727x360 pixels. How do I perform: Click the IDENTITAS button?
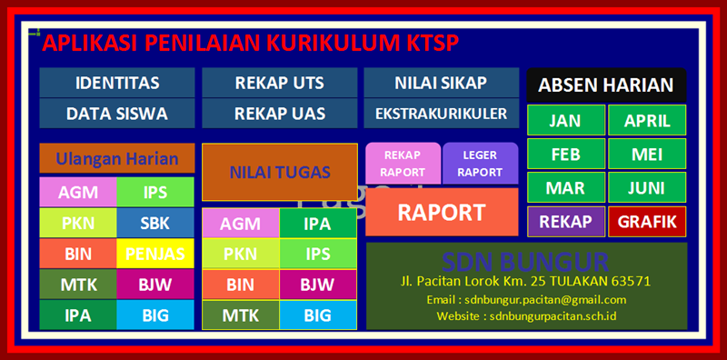(x=117, y=83)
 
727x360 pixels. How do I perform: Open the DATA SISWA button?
(x=117, y=114)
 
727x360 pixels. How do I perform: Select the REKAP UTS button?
(x=279, y=83)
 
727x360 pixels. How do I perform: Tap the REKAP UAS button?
(x=279, y=114)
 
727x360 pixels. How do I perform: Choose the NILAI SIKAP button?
(x=441, y=83)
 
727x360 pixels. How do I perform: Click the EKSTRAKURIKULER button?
(x=441, y=114)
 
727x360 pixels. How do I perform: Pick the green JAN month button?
(x=564, y=120)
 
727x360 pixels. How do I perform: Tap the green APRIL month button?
(x=647, y=120)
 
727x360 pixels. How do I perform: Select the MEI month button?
(x=647, y=154)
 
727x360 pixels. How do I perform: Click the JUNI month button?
(x=647, y=188)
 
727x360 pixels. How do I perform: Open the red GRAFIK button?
(x=647, y=221)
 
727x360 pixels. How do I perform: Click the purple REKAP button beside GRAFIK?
(x=564, y=221)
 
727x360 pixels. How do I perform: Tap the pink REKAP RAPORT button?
(x=403, y=163)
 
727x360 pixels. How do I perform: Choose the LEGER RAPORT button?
(x=480, y=163)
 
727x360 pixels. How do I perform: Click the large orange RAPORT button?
(x=442, y=213)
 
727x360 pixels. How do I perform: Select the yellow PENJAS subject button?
(x=155, y=253)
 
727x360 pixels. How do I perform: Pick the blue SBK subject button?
(x=155, y=222)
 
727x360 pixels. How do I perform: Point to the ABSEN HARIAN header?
(x=605, y=85)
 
